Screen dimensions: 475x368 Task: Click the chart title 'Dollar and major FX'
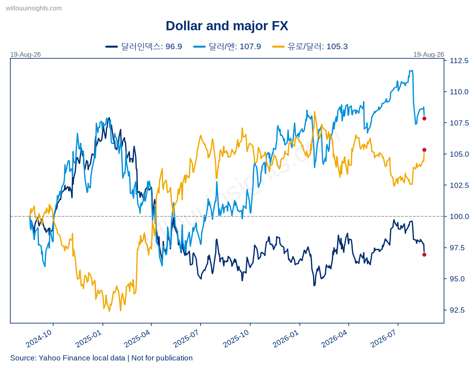point(227,26)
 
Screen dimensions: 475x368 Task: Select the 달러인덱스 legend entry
point(144,46)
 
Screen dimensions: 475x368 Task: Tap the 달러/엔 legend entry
point(227,46)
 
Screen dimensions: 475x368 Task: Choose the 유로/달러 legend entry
point(310,46)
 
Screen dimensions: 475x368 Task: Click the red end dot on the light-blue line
point(424,118)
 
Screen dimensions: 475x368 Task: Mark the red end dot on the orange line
point(424,150)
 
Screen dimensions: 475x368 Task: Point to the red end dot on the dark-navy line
point(424,255)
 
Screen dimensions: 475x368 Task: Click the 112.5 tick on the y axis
point(459,61)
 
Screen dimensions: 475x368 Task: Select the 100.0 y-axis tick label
point(459,217)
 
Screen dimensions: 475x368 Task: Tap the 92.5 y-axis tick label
point(457,310)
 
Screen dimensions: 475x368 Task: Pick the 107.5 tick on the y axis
point(459,123)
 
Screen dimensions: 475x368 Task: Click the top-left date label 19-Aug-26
point(25,54)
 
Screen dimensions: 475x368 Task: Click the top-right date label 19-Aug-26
point(429,54)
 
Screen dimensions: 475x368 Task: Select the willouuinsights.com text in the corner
point(34,8)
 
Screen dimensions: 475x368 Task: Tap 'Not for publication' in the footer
point(162,358)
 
